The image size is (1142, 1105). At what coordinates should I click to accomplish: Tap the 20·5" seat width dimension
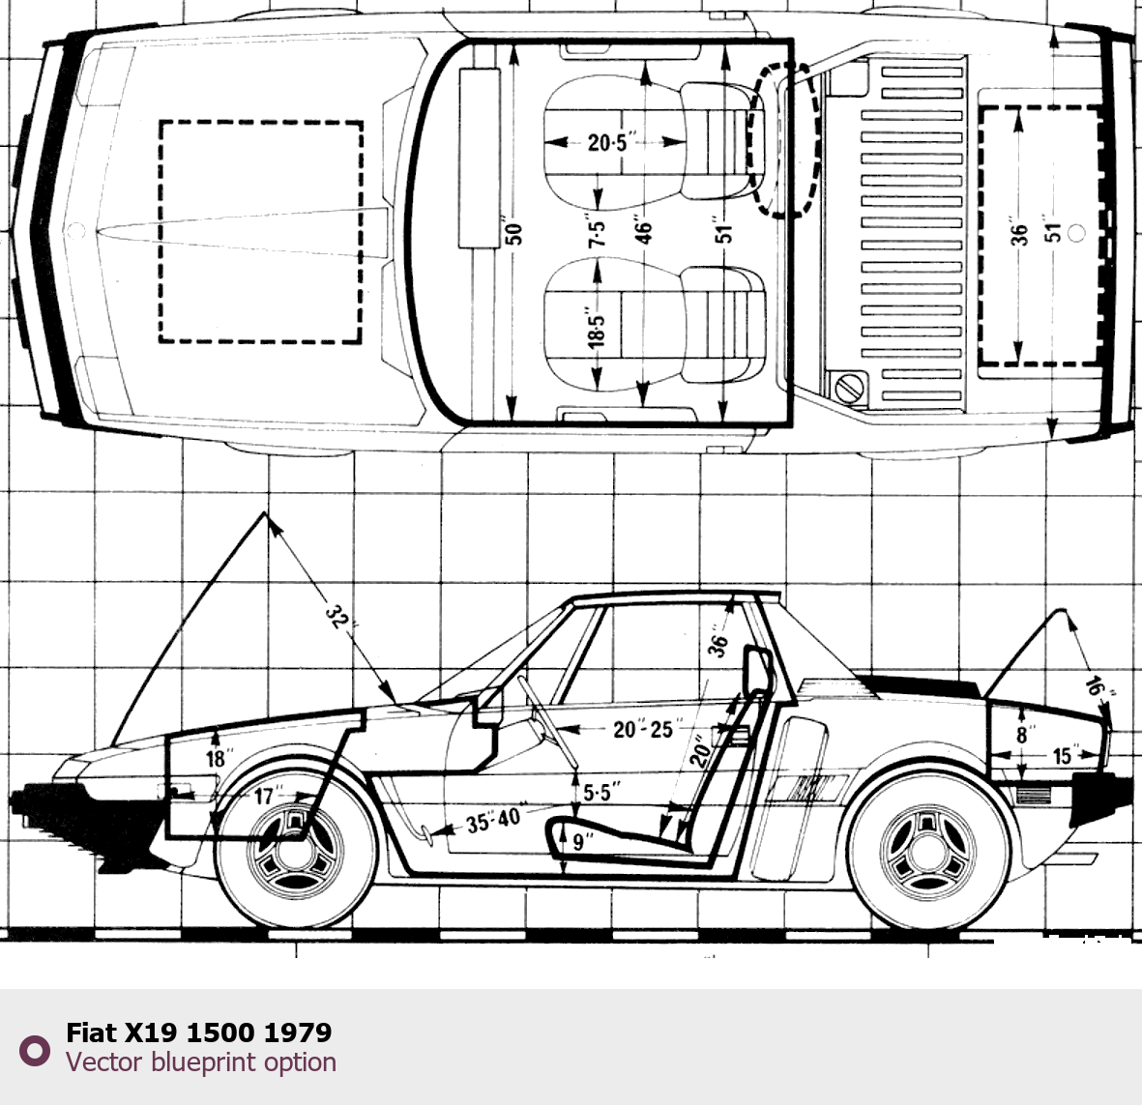click(608, 143)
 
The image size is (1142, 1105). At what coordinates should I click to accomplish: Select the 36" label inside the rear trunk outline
click(1019, 232)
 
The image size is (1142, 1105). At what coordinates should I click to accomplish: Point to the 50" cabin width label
click(513, 233)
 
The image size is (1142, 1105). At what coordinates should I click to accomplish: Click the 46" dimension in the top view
click(644, 233)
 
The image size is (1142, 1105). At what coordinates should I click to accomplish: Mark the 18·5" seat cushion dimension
click(598, 329)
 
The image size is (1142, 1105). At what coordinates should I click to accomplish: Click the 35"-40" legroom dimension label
click(492, 821)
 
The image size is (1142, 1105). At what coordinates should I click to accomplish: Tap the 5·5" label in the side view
click(601, 793)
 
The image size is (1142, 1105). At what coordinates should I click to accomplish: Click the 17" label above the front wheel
click(266, 797)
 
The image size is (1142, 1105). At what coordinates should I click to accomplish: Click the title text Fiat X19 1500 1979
click(198, 1032)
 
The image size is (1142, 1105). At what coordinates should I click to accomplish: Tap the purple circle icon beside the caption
click(35, 1050)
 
